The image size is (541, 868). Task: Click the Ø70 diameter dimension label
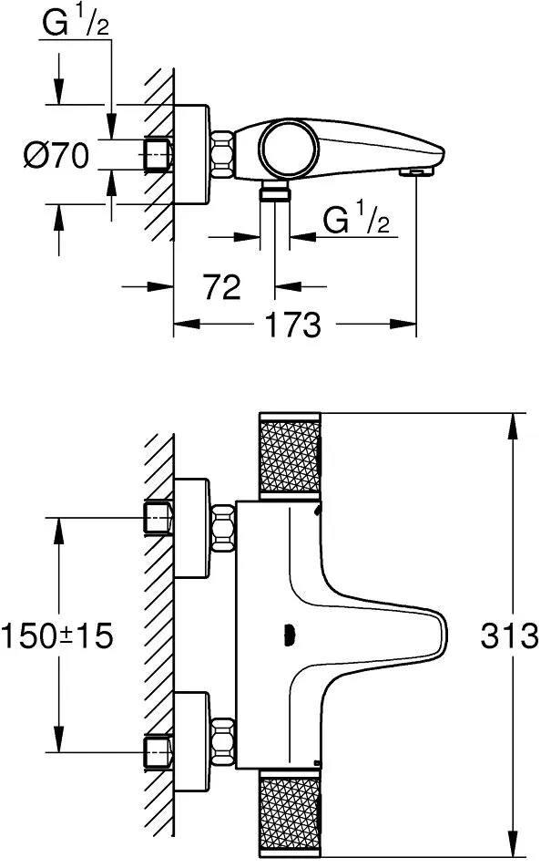click(56, 155)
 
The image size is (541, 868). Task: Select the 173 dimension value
click(293, 325)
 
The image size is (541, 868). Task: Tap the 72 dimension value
click(222, 287)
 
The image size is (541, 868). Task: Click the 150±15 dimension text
click(57, 635)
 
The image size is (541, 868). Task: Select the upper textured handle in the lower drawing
click(290, 456)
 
